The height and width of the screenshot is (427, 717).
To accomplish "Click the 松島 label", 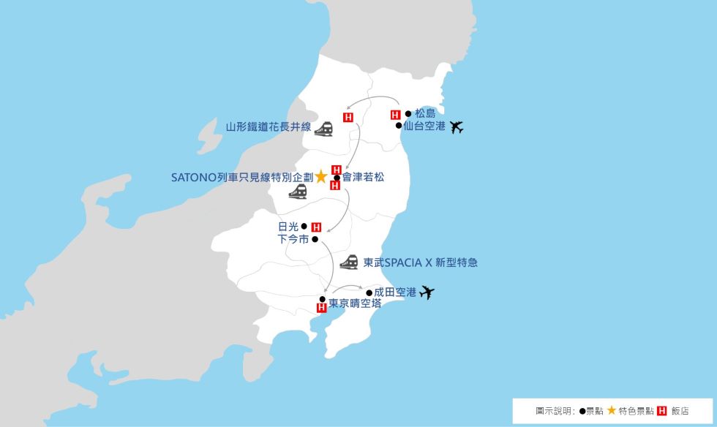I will (425, 113).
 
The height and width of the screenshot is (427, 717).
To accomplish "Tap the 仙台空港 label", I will (424, 126).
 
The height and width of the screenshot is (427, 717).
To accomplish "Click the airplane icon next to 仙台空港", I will (457, 127).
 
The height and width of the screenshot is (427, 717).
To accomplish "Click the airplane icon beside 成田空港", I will (427, 293).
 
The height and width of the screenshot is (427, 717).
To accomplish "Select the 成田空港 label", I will (395, 292).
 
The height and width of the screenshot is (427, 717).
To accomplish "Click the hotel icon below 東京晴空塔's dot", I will (321, 308).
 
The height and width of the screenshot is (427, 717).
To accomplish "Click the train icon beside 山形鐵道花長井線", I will (324, 129).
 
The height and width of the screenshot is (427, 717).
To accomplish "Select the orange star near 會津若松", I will (320, 177).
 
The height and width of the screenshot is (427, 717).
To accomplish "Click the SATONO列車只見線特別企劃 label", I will (241, 177).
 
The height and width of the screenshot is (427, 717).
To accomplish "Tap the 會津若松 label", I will (363, 177).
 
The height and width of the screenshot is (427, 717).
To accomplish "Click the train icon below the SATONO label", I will (297, 192).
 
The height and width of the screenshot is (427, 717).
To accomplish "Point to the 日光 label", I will (288, 227).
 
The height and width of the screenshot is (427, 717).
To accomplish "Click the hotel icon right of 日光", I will (316, 227).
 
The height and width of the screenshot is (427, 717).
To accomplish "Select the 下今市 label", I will (293, 239).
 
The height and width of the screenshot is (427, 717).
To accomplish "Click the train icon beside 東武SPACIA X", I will (349, 262).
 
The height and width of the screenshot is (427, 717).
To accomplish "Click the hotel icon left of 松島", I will (396, 115).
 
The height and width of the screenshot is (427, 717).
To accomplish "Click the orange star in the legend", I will (611, 411).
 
